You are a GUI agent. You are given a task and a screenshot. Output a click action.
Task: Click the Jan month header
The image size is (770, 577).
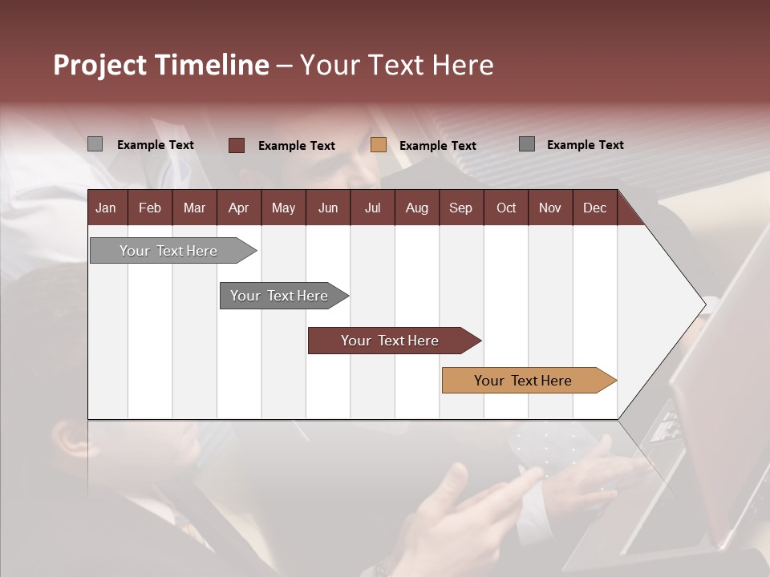(106, 208)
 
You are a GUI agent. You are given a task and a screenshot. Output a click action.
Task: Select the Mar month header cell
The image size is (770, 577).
(194, 208)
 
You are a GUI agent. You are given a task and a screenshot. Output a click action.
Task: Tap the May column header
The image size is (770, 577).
(283, 208)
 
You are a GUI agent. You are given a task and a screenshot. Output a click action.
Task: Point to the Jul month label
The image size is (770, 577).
(372, 208)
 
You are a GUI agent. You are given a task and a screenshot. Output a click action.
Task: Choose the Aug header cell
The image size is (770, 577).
(416, 208)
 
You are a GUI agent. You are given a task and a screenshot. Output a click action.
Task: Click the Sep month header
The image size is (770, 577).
(460, 208)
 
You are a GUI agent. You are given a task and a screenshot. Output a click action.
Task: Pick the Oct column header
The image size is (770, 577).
(506, 208)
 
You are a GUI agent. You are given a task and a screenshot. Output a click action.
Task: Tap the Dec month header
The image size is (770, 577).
(594, 208)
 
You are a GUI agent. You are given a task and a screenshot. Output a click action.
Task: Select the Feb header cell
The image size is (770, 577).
(150, 208)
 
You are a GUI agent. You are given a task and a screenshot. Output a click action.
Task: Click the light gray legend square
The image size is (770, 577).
(95, 144)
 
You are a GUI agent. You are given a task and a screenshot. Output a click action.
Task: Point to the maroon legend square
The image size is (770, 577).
(237, 145)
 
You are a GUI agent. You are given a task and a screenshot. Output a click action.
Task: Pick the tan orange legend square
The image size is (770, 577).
(379, 145)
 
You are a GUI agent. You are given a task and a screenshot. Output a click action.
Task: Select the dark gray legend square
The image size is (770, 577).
(527, 144)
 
